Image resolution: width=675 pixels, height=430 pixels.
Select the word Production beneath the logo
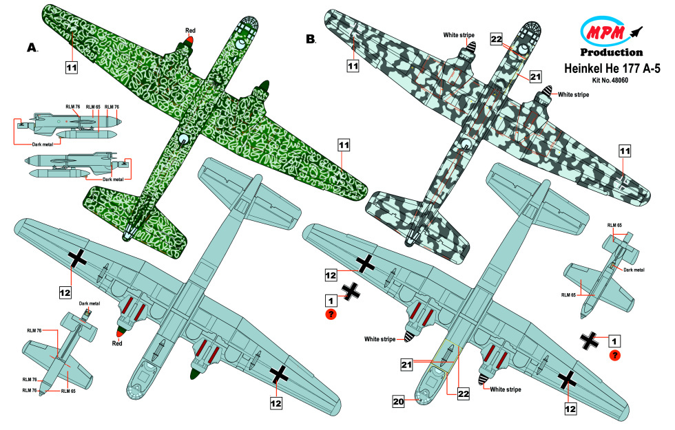click(x=612, y=52)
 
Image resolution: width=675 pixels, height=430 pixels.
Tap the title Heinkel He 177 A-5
click(x=612, y=68)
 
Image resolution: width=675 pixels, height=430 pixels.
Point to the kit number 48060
click(x=610, y=80)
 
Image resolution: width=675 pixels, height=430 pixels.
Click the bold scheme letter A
click(x=32, y=47)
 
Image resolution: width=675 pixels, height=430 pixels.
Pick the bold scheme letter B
click(x=311, y=39)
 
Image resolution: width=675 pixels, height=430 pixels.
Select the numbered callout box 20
click(x=398, y=402)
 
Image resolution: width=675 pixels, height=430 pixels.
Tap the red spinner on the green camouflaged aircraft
click(x=190, y=41)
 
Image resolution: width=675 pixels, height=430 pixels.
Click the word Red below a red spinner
click(x=117, y=343)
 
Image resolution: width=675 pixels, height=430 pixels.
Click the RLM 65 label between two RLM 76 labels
click(x=93, y=107)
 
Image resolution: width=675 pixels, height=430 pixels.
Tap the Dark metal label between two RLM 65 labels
click(x=634, y=270)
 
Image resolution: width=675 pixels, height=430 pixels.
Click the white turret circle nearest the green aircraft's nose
click(x=240, y=44)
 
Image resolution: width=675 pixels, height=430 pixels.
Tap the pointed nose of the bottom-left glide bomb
click(x=41, y=393)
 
